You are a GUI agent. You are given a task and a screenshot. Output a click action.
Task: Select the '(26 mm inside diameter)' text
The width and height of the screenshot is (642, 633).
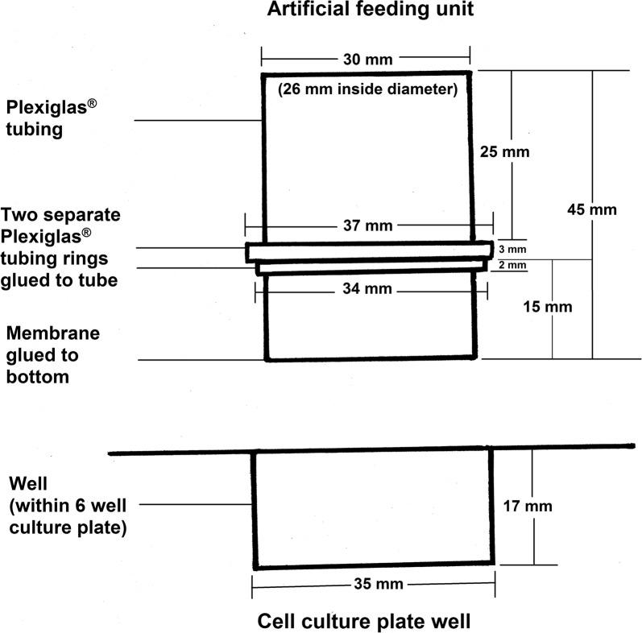[x=367, y=90]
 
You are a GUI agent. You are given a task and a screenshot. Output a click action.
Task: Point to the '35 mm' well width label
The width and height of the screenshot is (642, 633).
[x=372, y=583]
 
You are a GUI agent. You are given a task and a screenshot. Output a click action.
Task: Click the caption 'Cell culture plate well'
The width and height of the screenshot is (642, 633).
[x=363, y=621]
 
